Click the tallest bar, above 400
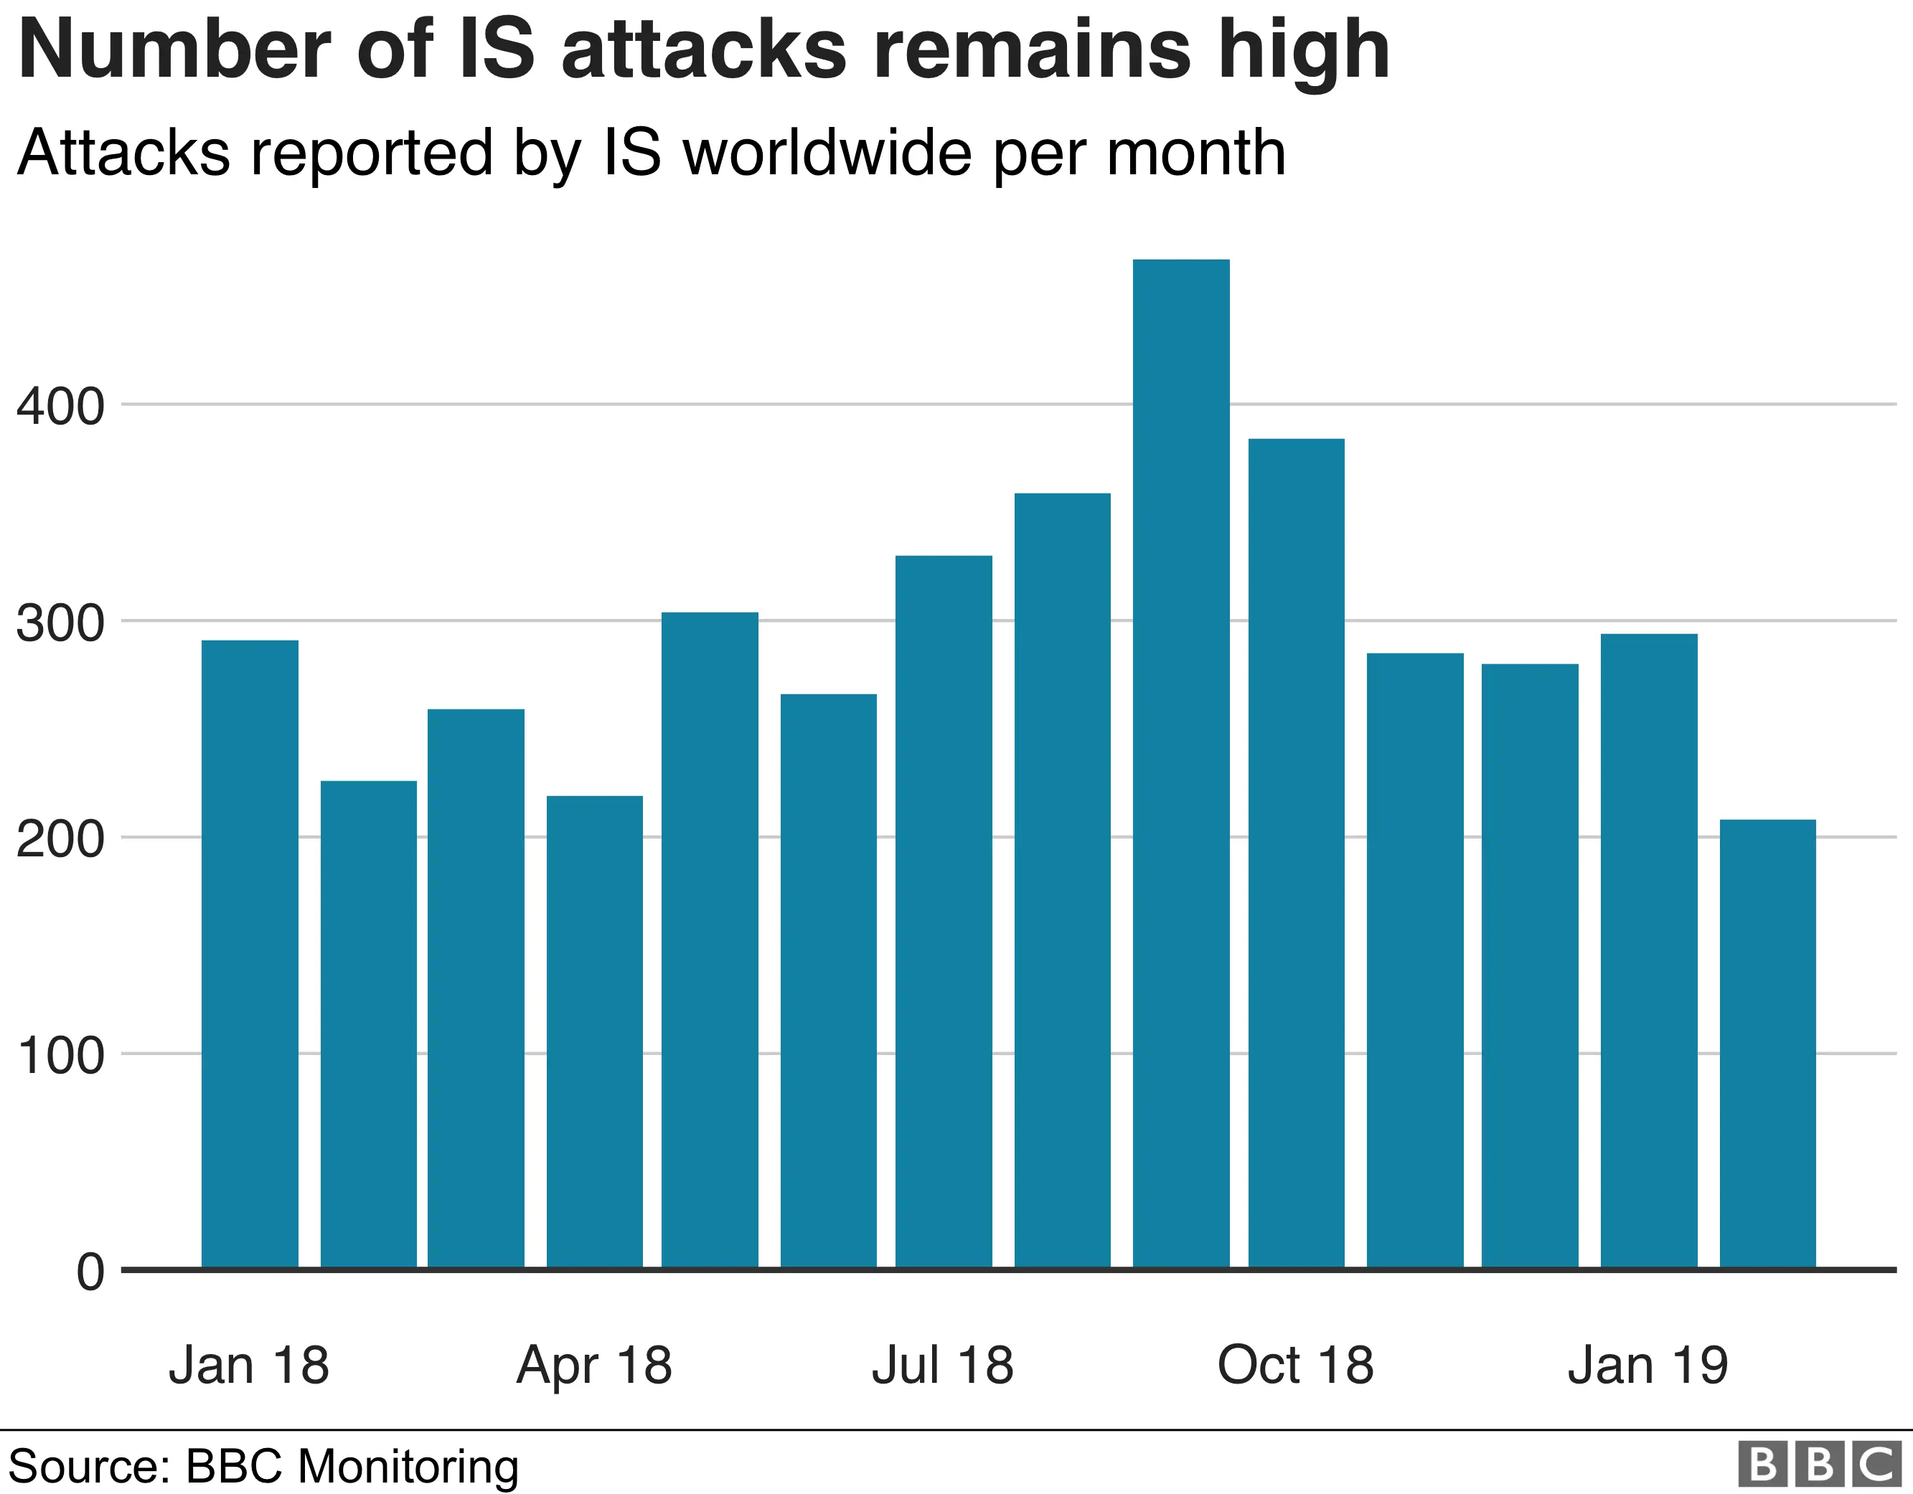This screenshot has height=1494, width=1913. coord(1180,762)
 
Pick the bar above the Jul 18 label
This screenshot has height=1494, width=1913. coord(944,911)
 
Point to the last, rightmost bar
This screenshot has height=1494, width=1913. coord(1767,1043)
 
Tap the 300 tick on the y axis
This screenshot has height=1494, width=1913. coord(60,623)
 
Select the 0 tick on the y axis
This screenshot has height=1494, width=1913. coord(90,1272)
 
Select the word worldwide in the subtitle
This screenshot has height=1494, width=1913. coord(827,153)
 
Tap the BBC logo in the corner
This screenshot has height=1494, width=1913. coord(1819,1463)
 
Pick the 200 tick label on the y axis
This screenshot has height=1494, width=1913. coord(60,839)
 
